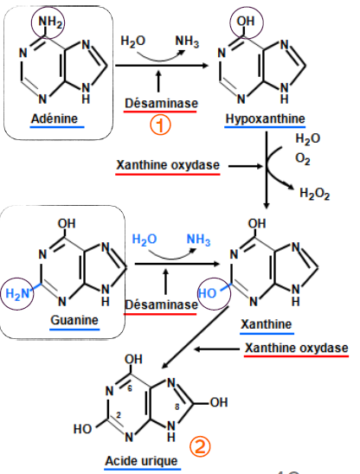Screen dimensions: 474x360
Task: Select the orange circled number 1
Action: click(161, 124)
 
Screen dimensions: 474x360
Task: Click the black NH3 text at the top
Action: click(187, 41)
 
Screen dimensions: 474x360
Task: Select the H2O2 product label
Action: click(314, 195)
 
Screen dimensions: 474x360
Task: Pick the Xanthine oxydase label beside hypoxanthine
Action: click(167, 163)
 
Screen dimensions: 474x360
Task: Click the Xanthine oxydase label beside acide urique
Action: click(296, 348)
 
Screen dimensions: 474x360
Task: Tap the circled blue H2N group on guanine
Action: click(18, 294)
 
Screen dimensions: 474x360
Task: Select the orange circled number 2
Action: click(200, 445)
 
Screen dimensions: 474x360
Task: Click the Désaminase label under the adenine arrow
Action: click(161, 103)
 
